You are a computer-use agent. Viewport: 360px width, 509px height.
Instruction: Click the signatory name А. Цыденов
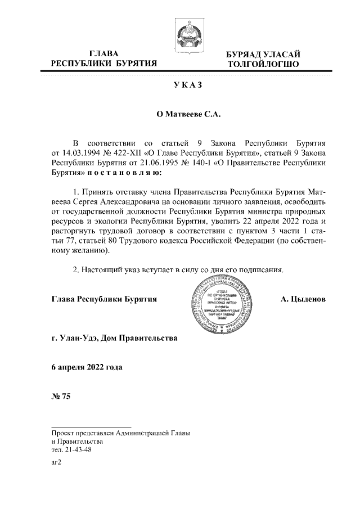(303, 299)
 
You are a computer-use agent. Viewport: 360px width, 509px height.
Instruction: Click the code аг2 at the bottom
(55, 463)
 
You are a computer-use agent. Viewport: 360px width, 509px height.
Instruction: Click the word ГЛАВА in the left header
(103, 53)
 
